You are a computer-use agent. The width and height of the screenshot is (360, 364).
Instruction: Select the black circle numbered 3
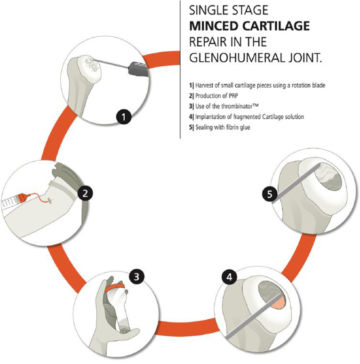click(136, 277)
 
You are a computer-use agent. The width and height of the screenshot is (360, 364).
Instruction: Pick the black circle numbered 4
click(229, 277)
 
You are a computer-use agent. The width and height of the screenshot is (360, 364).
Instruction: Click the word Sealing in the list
click(202, 127)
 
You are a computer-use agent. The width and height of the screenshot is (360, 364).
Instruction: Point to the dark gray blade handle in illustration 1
click(140, 67)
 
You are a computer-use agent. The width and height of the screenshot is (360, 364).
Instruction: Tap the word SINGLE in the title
click(205, 9)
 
